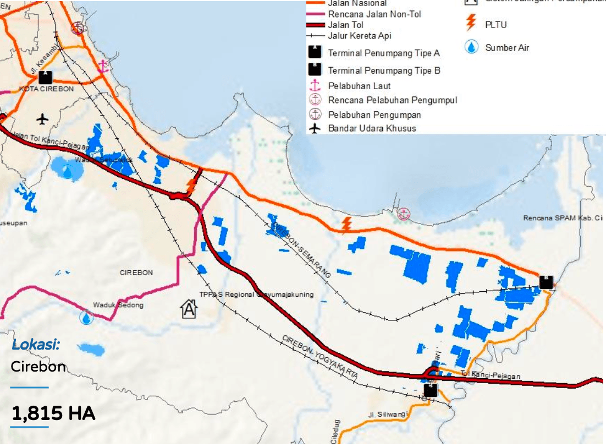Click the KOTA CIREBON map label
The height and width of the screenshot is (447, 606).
point(45,89)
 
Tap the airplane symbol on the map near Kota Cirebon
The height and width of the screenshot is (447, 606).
point(42,118)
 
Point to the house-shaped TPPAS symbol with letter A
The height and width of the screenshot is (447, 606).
point(189,309)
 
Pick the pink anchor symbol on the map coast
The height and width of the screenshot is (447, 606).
point(102,67)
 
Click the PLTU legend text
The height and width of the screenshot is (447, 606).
point(495,25)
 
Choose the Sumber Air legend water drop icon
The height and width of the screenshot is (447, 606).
point(471,47)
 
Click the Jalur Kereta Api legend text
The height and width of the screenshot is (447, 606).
point(360,36)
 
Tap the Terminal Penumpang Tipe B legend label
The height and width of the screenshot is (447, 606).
point(384,70)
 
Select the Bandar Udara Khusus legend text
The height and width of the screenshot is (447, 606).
point(372,128)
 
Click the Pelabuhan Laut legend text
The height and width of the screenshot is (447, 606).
point(359,86)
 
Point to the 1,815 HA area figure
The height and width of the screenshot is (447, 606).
point(53,413)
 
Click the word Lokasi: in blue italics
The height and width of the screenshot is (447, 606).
point(36,345)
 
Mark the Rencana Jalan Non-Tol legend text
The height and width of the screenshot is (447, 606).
point(374,14)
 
